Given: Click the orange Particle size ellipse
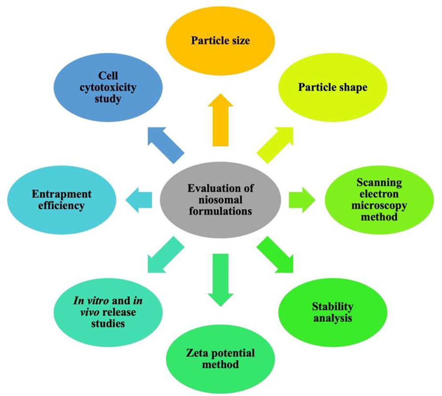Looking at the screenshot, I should (x=221, y=41).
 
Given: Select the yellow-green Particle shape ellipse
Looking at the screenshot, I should (x=332, y=87).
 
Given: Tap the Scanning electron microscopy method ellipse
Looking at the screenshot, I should (x=379, y=200).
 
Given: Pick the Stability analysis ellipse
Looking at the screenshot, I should (x=332, y=312).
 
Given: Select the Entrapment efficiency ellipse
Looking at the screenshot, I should (x=62, y=200).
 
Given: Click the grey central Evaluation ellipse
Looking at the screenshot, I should (x=220, y=200).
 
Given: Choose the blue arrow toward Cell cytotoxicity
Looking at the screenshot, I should (x=166, y=144).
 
